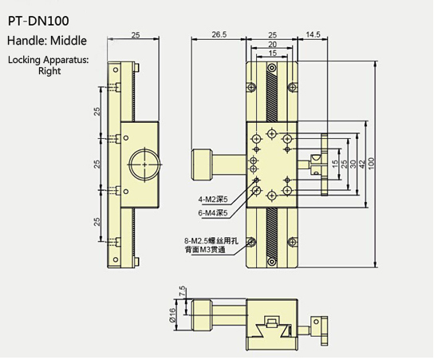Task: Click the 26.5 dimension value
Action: click(x=219, y=35)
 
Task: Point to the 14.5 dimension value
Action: click(x=312, y=35)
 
